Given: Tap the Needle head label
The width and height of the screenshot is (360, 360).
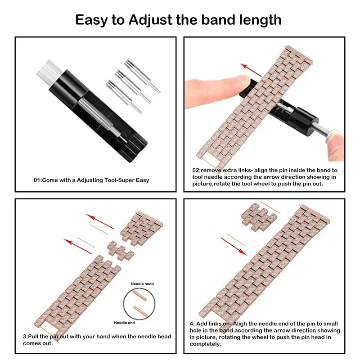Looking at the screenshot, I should click(x=142, y=284).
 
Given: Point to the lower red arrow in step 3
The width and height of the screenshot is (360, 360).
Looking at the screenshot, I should click(x=79, y=246).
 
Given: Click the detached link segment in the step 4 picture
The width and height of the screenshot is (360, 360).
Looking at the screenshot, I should click(x=257, y=216).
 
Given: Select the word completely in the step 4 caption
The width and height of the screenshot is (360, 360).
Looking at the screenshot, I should click(x=205, y=344).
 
